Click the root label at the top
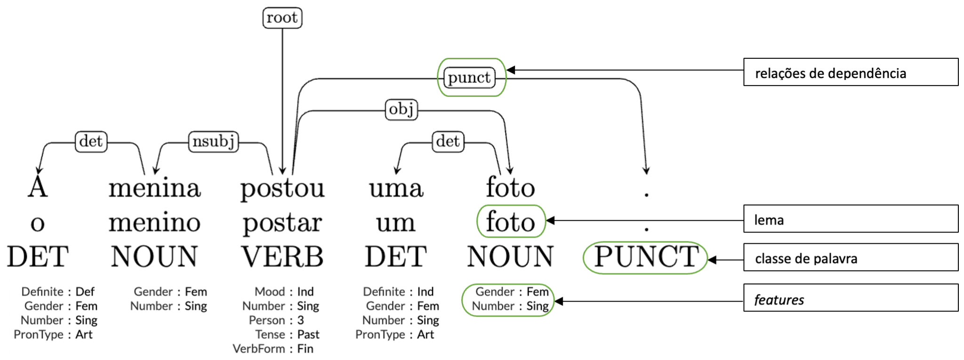[282, 18]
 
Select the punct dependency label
[469, 78]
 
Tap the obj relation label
[401, 110]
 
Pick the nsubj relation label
[213, 141]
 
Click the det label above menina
[91, 141]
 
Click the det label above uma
[448, 141]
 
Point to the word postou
[282, 189]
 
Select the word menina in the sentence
[154, 188]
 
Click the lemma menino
[154, 222]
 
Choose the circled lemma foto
[511, 222]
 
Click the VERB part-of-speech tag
[282, 257]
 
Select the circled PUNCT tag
[646, 257]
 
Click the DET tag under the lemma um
[396, 257]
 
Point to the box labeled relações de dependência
[851, 72]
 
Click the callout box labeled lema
[851, 219]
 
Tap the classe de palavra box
[851, 257]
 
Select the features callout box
[851, 298]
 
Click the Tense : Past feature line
[287, 335]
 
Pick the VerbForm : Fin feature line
[273, 349]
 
